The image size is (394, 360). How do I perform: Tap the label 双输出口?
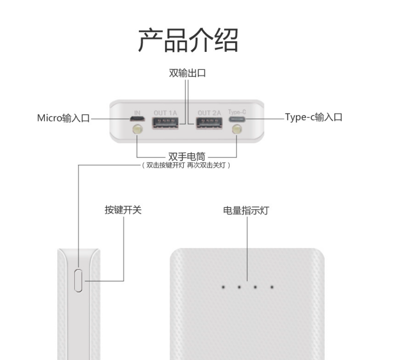188,73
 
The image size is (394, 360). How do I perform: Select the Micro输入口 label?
63,118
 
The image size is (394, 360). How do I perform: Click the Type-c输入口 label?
313,117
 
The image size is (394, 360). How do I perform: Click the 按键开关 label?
123,210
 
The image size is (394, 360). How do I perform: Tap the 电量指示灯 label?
246,211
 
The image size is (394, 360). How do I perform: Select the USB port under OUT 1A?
166,124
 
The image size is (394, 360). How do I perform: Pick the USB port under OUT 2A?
209,124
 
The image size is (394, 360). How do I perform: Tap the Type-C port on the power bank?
237,119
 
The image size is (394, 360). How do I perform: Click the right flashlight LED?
237,130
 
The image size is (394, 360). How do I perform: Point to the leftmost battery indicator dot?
223,287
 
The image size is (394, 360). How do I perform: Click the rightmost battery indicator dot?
272,287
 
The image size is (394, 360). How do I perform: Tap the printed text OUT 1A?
166,113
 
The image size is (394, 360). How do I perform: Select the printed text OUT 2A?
209,113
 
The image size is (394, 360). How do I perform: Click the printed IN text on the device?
137,113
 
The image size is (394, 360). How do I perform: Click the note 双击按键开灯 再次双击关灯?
186,166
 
